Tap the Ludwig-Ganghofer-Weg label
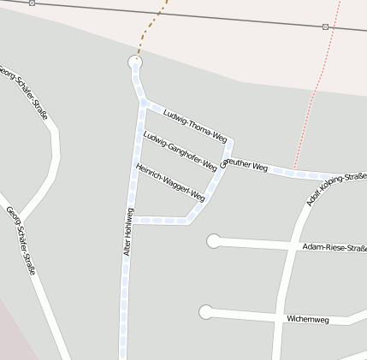tap(180, 150)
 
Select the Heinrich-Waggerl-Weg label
tap(171, 182)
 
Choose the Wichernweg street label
tap(308, 318)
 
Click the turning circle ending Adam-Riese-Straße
tap(213, 241)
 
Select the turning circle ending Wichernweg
tap(205, 312)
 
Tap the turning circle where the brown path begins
tap(134, 62)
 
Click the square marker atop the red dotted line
tap(325, 27)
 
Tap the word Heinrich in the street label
tap(151, 172)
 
